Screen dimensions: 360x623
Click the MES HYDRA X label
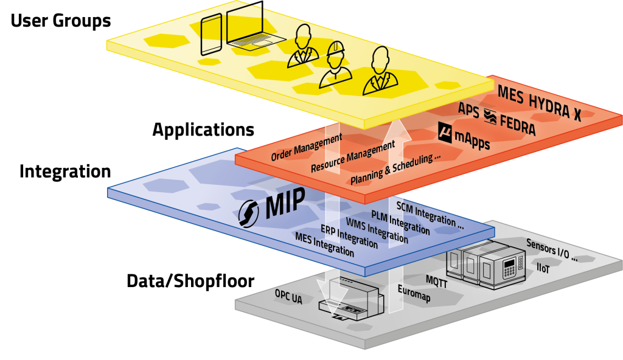coord(539,104)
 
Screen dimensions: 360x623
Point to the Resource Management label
coord(353,157)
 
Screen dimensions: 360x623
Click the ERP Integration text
coord(349,237)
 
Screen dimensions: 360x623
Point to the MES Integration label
coord(324,244)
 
